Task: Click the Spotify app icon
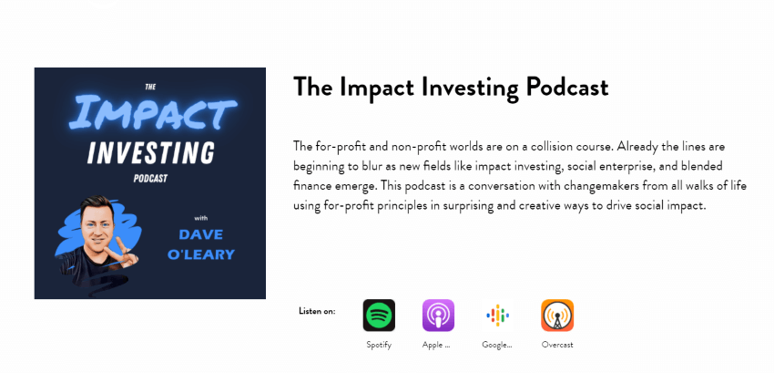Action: tap(379, 316)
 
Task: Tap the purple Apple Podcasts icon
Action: tap(438, 316)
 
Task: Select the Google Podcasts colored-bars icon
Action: tap(497, 316)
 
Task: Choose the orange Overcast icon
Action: tap(557, 316)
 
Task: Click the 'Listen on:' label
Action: tap(317, 311)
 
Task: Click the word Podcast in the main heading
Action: tap(566, 88)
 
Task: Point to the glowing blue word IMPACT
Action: tap(153, 112)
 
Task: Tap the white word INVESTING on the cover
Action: tap(151, 152)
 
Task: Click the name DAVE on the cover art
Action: tap(201, 234)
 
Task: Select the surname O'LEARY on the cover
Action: tap(201, 254)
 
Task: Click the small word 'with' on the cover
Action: tap(200, 217)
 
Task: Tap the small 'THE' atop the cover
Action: tap(150, 87)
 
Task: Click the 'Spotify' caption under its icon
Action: tap(379, 346)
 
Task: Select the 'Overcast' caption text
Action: tap(557, 345)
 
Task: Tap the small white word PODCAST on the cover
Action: tap(150, 178)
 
